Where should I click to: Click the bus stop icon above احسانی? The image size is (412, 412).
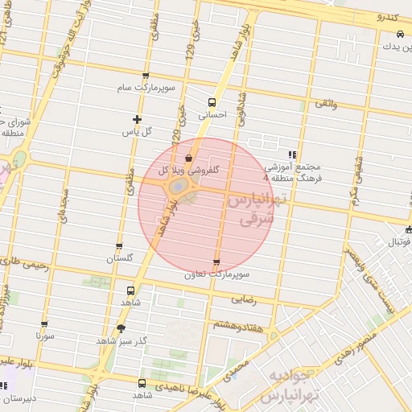tap(212, 102)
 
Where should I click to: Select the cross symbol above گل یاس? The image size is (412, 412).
tap(137, 119)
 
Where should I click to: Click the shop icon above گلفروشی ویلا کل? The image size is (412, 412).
tap(188, 158)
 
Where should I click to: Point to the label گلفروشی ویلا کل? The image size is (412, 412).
tap(186, 171)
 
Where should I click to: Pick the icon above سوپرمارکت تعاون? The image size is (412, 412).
tap(216, 263)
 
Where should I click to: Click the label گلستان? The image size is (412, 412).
tap(119, 259)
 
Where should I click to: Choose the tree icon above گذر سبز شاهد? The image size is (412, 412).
tap(121, 328)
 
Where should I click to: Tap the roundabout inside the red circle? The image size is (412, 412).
tap(179, 187)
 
